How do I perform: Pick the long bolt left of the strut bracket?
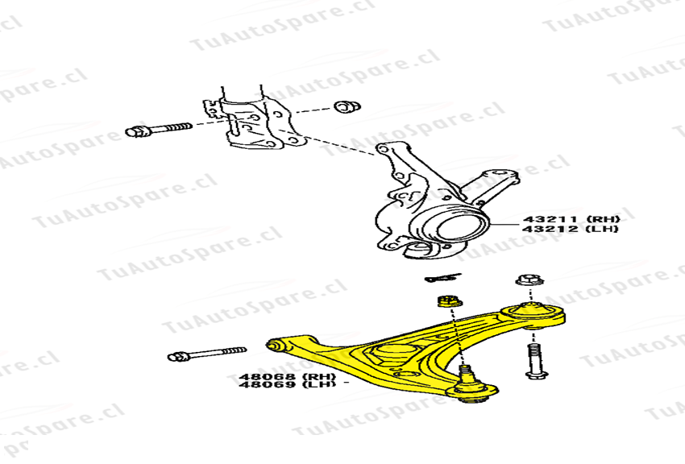click(159, 130)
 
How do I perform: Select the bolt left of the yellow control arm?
click(206, 354)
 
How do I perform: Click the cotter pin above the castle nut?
click(440, 279)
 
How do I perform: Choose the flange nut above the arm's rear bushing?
click(529, 280)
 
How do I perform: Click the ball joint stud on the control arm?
click(466, 374)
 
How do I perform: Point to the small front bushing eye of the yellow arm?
click(274, 346)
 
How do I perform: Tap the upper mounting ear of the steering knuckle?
click(388, 150)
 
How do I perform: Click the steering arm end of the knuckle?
click(504, 175)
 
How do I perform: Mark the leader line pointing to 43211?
click(505, 223)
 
